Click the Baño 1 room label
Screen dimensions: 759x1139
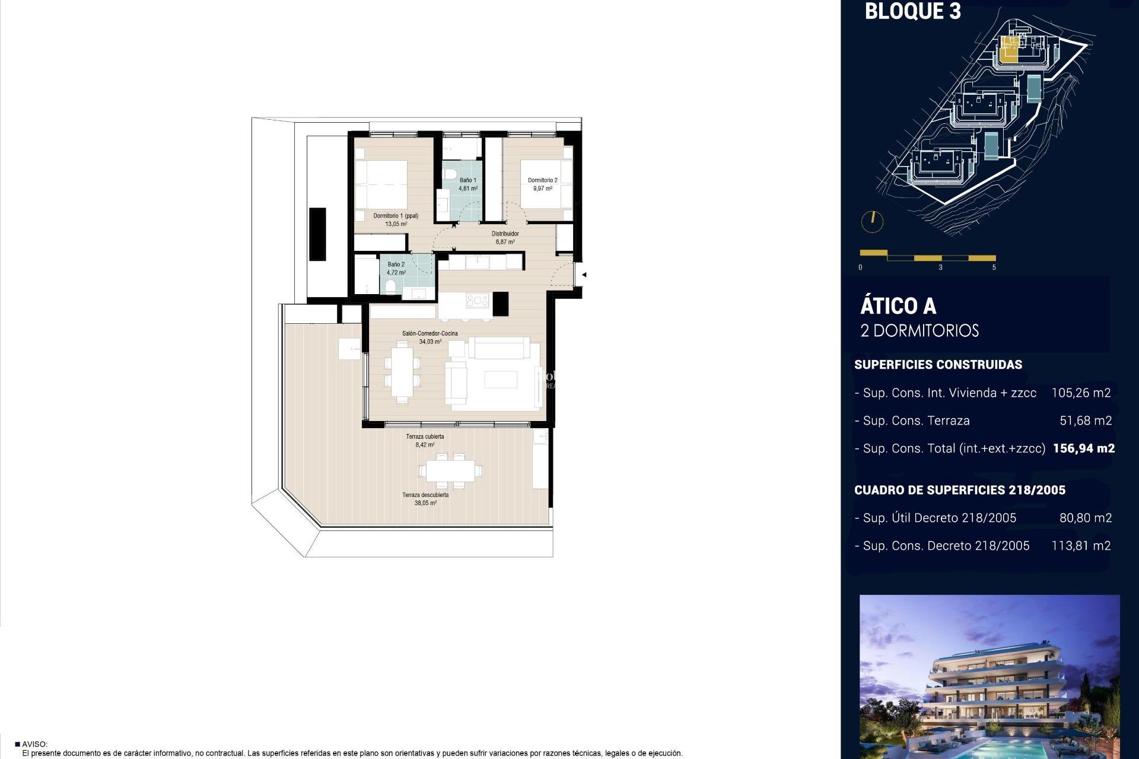click(467, 180)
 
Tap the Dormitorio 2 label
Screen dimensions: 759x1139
click(542, 180)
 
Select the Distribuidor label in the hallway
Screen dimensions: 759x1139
click(505, 234)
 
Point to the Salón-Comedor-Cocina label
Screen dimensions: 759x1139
click(429, 334)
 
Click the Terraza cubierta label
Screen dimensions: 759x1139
click(425, 437)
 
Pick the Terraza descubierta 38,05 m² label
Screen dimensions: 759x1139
click(425, 499)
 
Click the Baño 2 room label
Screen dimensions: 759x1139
click(396, 265)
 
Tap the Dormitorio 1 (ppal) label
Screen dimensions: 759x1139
click(396, 216)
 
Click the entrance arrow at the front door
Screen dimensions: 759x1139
click(584, 275)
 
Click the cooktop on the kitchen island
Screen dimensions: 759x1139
click(477, 301)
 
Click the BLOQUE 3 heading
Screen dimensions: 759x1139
click(912, 12)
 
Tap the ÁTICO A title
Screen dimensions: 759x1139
click(898, 307)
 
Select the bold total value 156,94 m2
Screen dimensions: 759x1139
click(1083, 449)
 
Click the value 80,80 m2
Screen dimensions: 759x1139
click(1085, 518)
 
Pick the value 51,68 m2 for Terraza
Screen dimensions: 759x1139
click(1085, 421)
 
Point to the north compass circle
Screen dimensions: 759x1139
click(872, 222)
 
